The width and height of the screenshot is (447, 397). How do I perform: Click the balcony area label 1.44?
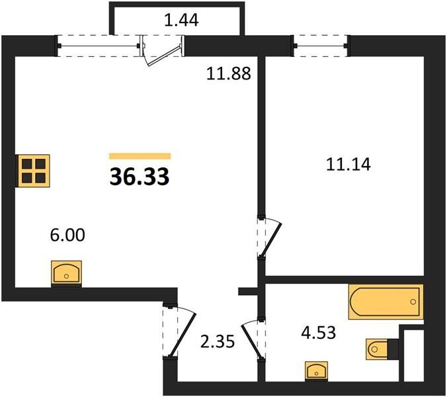(x=181, y=21)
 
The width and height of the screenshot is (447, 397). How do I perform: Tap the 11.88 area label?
(x=229, y=73)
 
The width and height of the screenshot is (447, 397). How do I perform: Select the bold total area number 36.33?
(x=140, y=177)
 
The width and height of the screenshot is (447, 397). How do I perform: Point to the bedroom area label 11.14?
(x=348, y=165)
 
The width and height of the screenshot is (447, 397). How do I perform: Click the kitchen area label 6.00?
(x=67, y=236)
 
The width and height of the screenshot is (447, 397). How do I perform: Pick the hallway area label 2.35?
(x=218, y=341)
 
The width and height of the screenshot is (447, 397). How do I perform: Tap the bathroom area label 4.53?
(x=319, y=333)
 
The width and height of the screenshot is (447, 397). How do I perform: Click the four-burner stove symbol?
(x=33, y=171)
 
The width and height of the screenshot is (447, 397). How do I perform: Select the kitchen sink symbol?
(x=66, y=273)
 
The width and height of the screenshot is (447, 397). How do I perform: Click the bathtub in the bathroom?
(x=386, y=302)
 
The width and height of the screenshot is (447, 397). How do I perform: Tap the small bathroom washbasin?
(x=317, y=371)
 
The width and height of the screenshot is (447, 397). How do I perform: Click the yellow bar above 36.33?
(x=140, y=156)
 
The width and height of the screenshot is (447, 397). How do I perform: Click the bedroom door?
(x=269, y=238)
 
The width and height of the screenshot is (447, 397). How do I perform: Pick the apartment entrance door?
(x=180, y=331)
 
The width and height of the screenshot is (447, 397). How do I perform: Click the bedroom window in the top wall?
(x=321, y=46)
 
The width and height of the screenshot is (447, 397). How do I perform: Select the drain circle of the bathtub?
(x=413, y=302)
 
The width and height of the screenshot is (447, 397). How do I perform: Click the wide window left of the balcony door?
(x=99, y=46)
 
